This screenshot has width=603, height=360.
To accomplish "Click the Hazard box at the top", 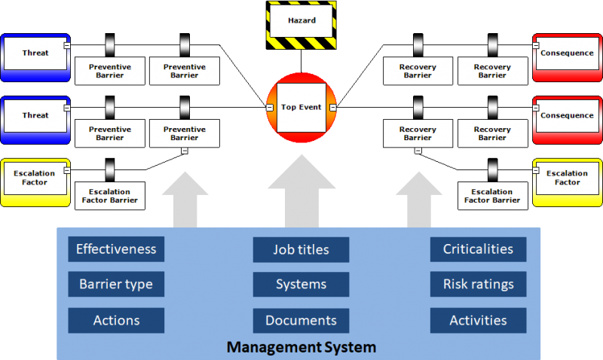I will tap(301, 21).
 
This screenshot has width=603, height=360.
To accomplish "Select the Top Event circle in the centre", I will tap(301, 107).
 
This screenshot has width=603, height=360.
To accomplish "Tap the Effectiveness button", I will tap(116, 249).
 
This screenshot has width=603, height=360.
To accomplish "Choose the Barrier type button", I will tap(116, 285).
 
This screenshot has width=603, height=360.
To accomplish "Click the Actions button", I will tap(116, 320).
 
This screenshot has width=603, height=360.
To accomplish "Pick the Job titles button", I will tap(301, 249).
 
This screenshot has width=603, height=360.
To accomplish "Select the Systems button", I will tap(301, 285).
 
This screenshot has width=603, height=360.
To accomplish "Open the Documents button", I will tap(301, 320).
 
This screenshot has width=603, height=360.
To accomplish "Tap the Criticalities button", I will tap(478, 249).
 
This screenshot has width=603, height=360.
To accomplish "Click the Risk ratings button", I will tap(478, 285).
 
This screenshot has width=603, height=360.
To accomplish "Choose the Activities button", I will tap(478, 320).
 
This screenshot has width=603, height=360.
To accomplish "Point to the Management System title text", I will tap(301, 348).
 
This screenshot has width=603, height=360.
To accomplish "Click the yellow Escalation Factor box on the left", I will tap(35, 178).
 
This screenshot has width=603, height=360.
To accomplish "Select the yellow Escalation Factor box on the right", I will tap(568, 178).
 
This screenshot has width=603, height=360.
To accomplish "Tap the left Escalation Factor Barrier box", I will tap(110, 196).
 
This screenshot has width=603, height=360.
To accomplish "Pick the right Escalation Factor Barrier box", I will tap(492, 196).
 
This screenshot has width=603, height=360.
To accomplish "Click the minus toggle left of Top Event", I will tap(270, 108).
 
